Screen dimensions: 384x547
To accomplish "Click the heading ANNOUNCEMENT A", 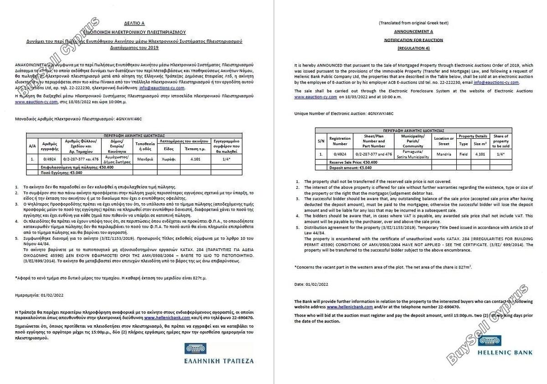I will (x=413, y=31).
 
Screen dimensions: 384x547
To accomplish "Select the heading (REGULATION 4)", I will (x=413, y=48).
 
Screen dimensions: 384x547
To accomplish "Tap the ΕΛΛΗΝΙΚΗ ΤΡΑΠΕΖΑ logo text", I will (x=218, y=361).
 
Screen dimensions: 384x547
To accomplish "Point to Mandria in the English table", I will (x=444, y=154).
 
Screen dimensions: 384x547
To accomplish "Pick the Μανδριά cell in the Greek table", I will (x=145, y=160).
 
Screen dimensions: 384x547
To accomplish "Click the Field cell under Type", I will (x=464, y=154).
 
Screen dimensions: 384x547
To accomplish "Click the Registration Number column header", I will (x=340, y=141).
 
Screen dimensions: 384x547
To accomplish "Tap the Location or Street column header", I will (x=444, y=141).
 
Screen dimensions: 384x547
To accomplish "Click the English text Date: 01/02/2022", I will (x=311, y=284).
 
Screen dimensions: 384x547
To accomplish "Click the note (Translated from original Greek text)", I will (x=413, y=23).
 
